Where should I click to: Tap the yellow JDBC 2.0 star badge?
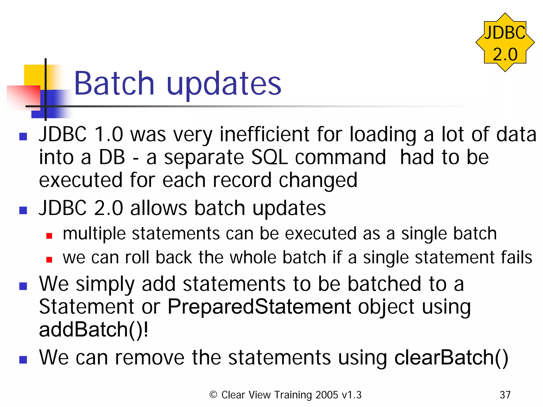click(x=505, y=42)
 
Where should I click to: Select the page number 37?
click(x=505, y=395)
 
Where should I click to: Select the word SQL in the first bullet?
click(x=269, y=157)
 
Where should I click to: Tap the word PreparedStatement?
click(x=259, y=307)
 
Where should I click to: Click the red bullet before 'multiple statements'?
click(x=49, y=236)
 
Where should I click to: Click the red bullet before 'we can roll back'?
click(x=49, y=259)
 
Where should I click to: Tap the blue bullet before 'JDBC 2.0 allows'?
click(x=23, y=210)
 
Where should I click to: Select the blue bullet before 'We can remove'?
click(x=23, y=360)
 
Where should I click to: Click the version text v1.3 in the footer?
click(x=351, y=395)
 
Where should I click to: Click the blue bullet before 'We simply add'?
click(x=23, y=286)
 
